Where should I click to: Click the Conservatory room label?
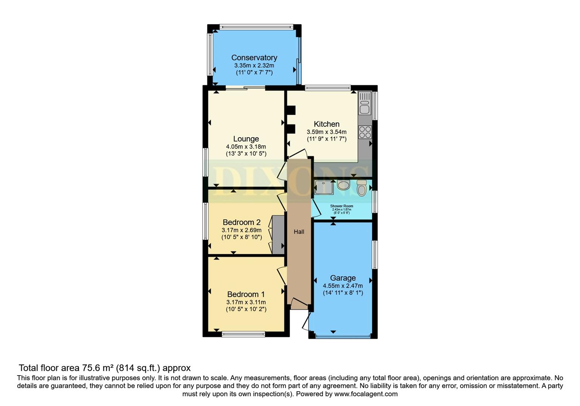pyautogui.click(x=254, y=58)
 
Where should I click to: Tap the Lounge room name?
pyautogui.click(x=246, y=139)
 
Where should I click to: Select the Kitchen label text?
pyautogui.click(x=326, y=124)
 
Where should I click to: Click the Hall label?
pyautogui.click(x=299, y=232)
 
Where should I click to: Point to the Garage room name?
pyautogui.click(x=343, y=278)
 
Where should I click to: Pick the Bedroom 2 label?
pyautogui.click(x=241, y=222)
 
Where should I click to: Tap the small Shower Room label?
pyautogui.click(x=342, y=206)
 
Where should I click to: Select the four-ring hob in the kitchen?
pyautogui.click(x=365, y=132)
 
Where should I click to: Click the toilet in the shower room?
pyautogui.click(x=361, y=188)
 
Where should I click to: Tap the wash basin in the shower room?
pyautogui.click(x=343, y=185)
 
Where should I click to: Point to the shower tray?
pyautogui.click(x=324, y=187)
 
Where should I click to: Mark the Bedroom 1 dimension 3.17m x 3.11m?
pyautogui.click(x=246, y=302)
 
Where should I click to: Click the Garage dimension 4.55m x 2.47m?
pyautogui.click(x=343, y=286)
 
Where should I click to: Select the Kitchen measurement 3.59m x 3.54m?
pyautogui.click(x=326, y=132)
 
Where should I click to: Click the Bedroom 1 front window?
pyautogui.click(x=243, y=334)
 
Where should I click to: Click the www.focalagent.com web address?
pyautogui.click(x=366, y=394)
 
